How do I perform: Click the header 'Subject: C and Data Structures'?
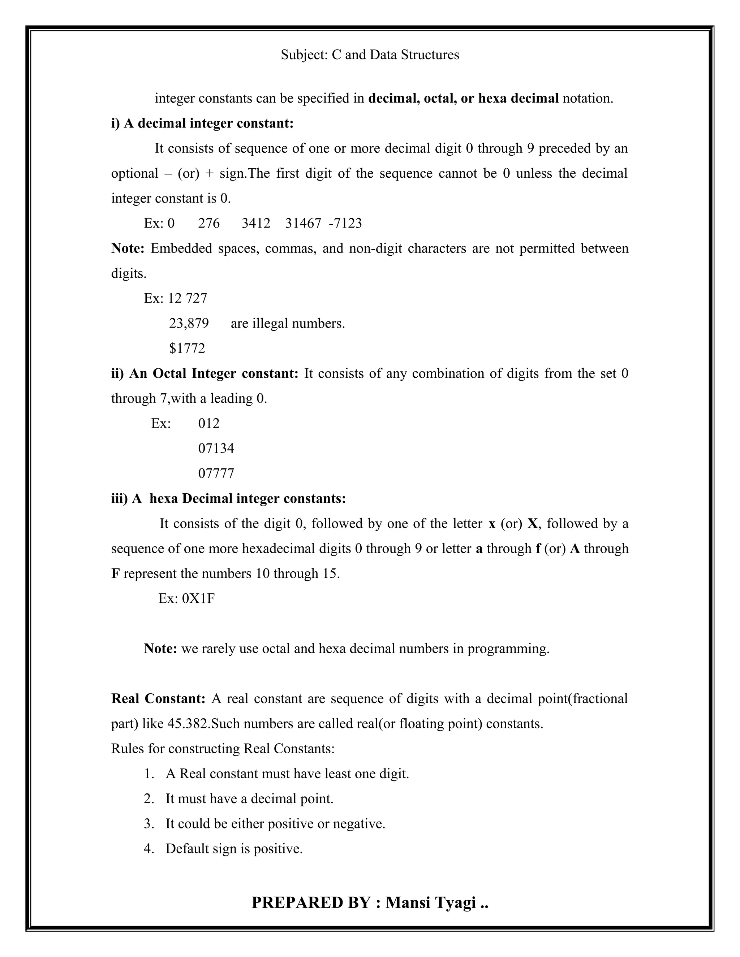(x=370, y=55)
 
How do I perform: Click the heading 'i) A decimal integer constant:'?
(x=202, y=124)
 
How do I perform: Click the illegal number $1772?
(x=187, y=349)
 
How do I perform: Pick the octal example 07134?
(x=216, y=449)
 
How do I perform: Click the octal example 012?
(x=209, y=424)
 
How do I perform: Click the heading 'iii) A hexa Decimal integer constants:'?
(x=228, y=499)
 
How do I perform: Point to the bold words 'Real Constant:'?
(x=158, y=699)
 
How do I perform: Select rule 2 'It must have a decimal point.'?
(x=249, y=799)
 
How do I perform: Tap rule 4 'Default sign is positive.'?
(x=234, y=849)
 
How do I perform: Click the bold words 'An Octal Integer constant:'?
(x=214, y=374)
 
